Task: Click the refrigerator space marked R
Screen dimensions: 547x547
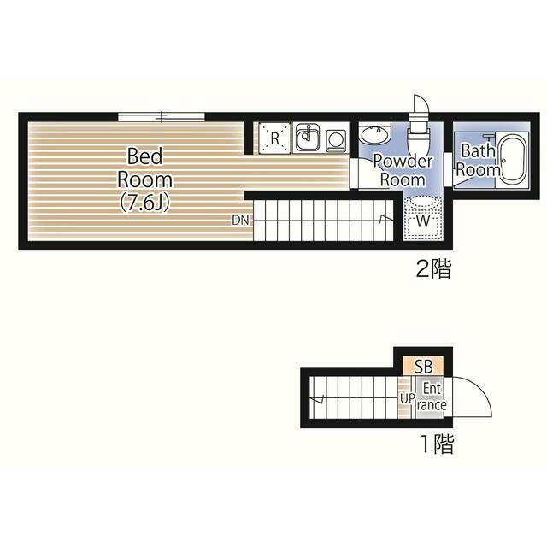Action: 274,138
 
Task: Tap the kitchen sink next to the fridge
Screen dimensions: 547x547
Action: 307,138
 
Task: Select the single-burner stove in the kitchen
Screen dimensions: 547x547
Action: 334,138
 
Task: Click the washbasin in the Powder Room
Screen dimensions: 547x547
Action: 373,134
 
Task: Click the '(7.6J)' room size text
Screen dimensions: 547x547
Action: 144,203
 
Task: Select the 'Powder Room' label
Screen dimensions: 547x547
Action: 403,171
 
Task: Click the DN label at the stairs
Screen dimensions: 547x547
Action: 240,221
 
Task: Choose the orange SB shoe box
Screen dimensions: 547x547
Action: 424,366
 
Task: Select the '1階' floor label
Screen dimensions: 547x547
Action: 436,444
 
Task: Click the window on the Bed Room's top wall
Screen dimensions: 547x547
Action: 162,115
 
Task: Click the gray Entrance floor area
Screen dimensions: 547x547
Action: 430,397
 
